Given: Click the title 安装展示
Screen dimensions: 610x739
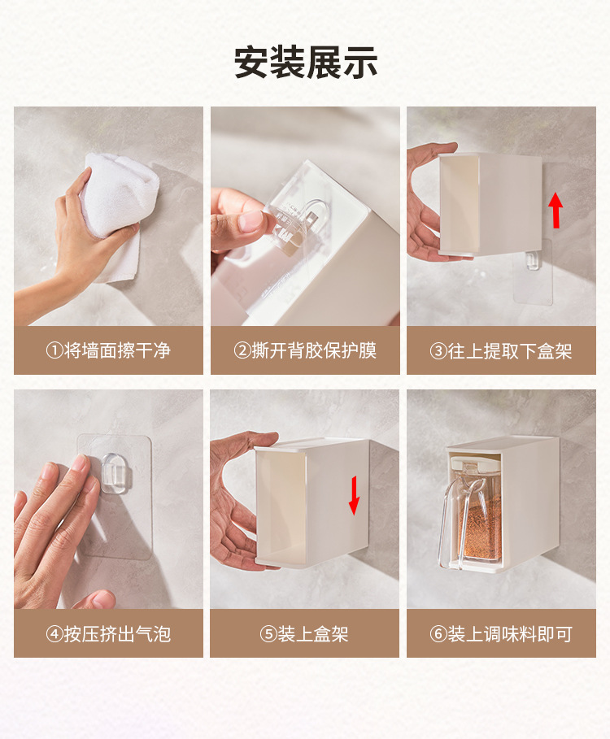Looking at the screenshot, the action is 306,63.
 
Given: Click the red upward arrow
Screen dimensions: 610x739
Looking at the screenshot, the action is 556,210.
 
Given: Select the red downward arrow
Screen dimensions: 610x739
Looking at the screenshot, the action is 354,495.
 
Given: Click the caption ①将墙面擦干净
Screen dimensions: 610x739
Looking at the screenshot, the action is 108,350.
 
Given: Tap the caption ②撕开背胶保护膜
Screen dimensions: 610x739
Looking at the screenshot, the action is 305,350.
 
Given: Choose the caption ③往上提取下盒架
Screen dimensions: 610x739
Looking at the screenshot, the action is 501,351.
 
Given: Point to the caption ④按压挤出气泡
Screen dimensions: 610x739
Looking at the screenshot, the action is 108,634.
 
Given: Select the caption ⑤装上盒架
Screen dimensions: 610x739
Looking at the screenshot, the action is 304,634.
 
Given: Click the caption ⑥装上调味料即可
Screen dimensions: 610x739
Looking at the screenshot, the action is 501,634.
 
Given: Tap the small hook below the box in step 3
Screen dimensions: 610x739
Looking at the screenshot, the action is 532,260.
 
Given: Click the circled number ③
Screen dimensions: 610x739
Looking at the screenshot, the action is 438,351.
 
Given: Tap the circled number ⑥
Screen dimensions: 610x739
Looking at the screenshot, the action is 438,634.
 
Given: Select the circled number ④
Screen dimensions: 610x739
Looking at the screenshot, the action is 54,634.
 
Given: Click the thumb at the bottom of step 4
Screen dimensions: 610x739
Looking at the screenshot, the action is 94,599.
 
